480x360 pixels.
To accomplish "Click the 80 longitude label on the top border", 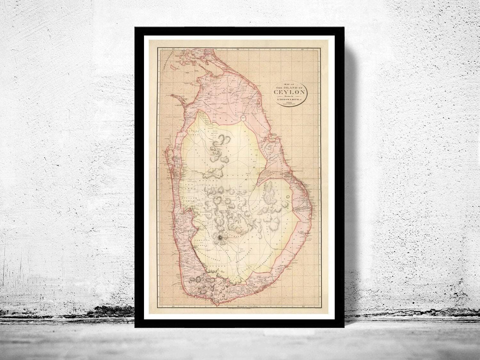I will tap(173, 49).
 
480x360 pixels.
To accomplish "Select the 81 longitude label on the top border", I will tap(238, 49).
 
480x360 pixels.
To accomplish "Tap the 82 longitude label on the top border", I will tap(302, 49).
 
